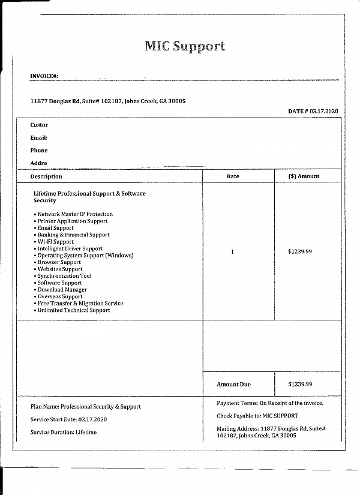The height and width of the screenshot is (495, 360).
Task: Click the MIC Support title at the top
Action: point(184,46)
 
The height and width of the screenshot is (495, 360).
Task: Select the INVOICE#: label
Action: point(44,76)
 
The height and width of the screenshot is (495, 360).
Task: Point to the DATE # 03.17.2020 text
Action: point(313,112)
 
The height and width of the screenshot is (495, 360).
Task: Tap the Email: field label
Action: point(39,138)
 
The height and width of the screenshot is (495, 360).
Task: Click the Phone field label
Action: point(39,151)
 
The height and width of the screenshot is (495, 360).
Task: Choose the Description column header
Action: point(46,176)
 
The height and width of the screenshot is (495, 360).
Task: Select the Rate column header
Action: point(233,176)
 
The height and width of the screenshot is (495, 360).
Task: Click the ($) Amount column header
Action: point(304,176)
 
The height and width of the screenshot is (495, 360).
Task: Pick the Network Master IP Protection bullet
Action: point(74,214)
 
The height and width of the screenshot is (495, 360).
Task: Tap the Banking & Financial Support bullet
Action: point(73,235)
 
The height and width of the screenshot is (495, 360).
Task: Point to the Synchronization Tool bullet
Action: point(64,276)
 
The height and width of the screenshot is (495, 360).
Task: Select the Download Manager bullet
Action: point(62,290)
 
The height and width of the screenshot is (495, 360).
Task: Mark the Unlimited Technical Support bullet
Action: point(73,310)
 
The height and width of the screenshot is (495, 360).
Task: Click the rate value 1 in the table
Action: point(232,252)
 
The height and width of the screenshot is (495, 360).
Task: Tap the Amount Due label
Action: point(233,385)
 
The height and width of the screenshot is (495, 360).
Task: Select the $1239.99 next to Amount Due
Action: point(300,385)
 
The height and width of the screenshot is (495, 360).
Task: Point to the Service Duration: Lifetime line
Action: point(63,432)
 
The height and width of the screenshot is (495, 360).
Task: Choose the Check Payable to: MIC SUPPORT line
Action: point(257,416)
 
